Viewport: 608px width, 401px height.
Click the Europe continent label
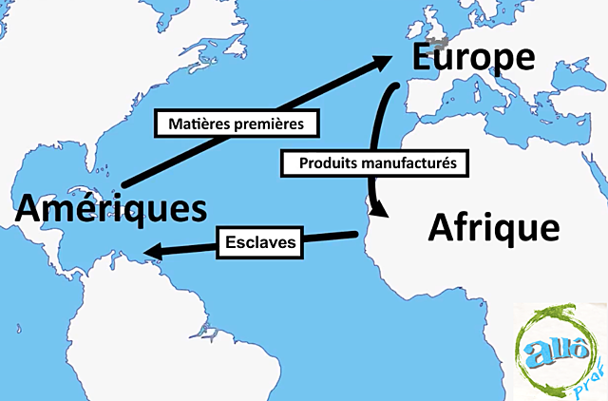click(x=474, y=58)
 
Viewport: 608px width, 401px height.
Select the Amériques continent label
click(x=110, y=207)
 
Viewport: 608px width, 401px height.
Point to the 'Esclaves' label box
click(x=262, y=242)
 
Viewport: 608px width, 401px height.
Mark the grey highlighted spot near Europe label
click(x=439, y=43)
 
